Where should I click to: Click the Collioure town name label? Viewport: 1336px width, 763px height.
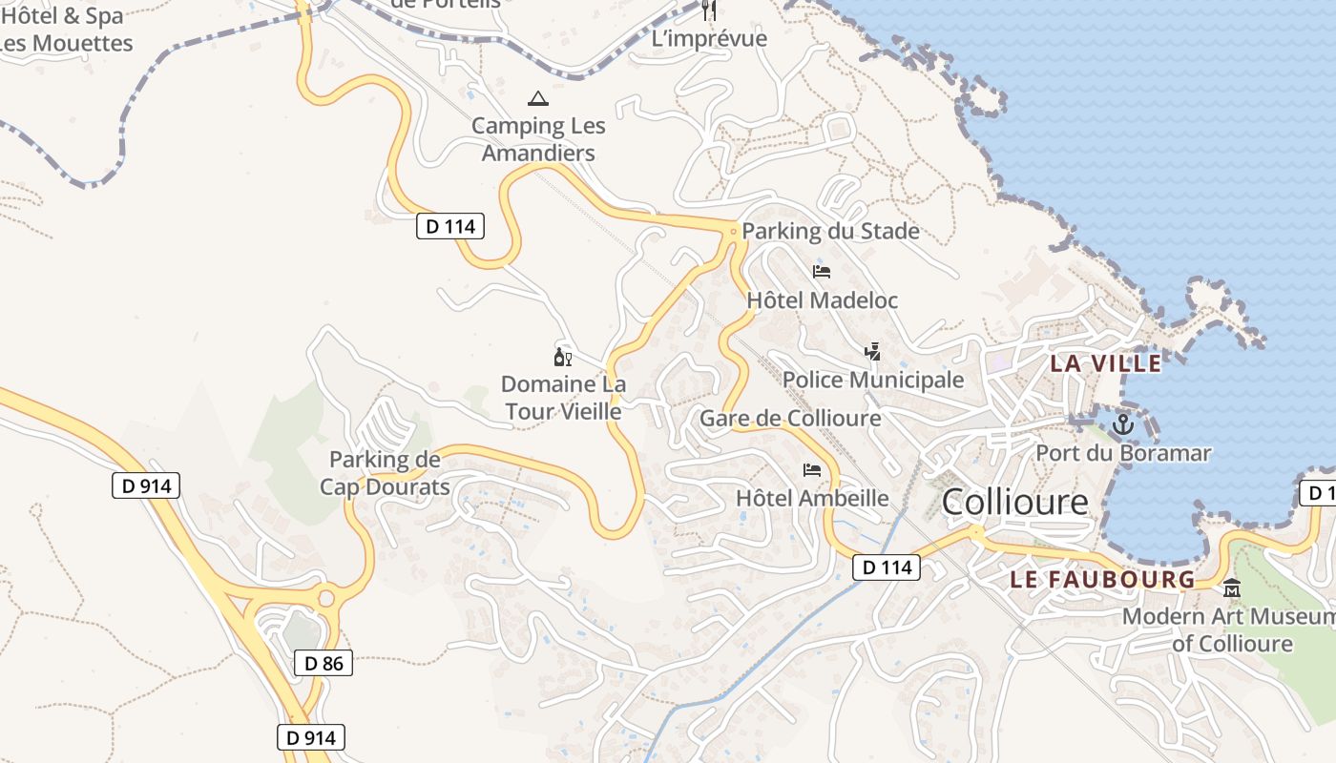click(1014, 502)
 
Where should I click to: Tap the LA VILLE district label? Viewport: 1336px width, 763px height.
click(1106, 363)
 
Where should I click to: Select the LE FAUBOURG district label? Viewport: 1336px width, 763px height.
click(1102, 579)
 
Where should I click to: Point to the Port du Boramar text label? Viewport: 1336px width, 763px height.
click(1123, 453)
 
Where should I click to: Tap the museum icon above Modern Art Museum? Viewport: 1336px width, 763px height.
click(1232, 588)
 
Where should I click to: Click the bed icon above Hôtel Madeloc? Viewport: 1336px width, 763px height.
click(822, 272)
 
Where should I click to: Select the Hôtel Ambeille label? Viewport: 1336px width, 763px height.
click(812, 498)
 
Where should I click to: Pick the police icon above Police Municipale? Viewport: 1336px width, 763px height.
click(872, 352)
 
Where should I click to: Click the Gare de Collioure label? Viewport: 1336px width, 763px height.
click(790, 418)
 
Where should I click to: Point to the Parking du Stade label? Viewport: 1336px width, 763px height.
click(830, 231)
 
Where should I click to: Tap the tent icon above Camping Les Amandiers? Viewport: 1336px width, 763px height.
click(538, 98)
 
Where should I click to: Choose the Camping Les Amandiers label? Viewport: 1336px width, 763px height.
click(538, 139)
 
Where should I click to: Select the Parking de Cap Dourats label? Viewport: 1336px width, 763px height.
click(385, 473)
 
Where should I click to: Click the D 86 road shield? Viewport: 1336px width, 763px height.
click(324, 663)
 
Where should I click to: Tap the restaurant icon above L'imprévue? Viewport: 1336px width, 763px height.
click(708, 10)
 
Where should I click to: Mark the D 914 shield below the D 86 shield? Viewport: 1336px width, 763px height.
click(310, 737)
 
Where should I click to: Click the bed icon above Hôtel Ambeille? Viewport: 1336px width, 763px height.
click(812, 469)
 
